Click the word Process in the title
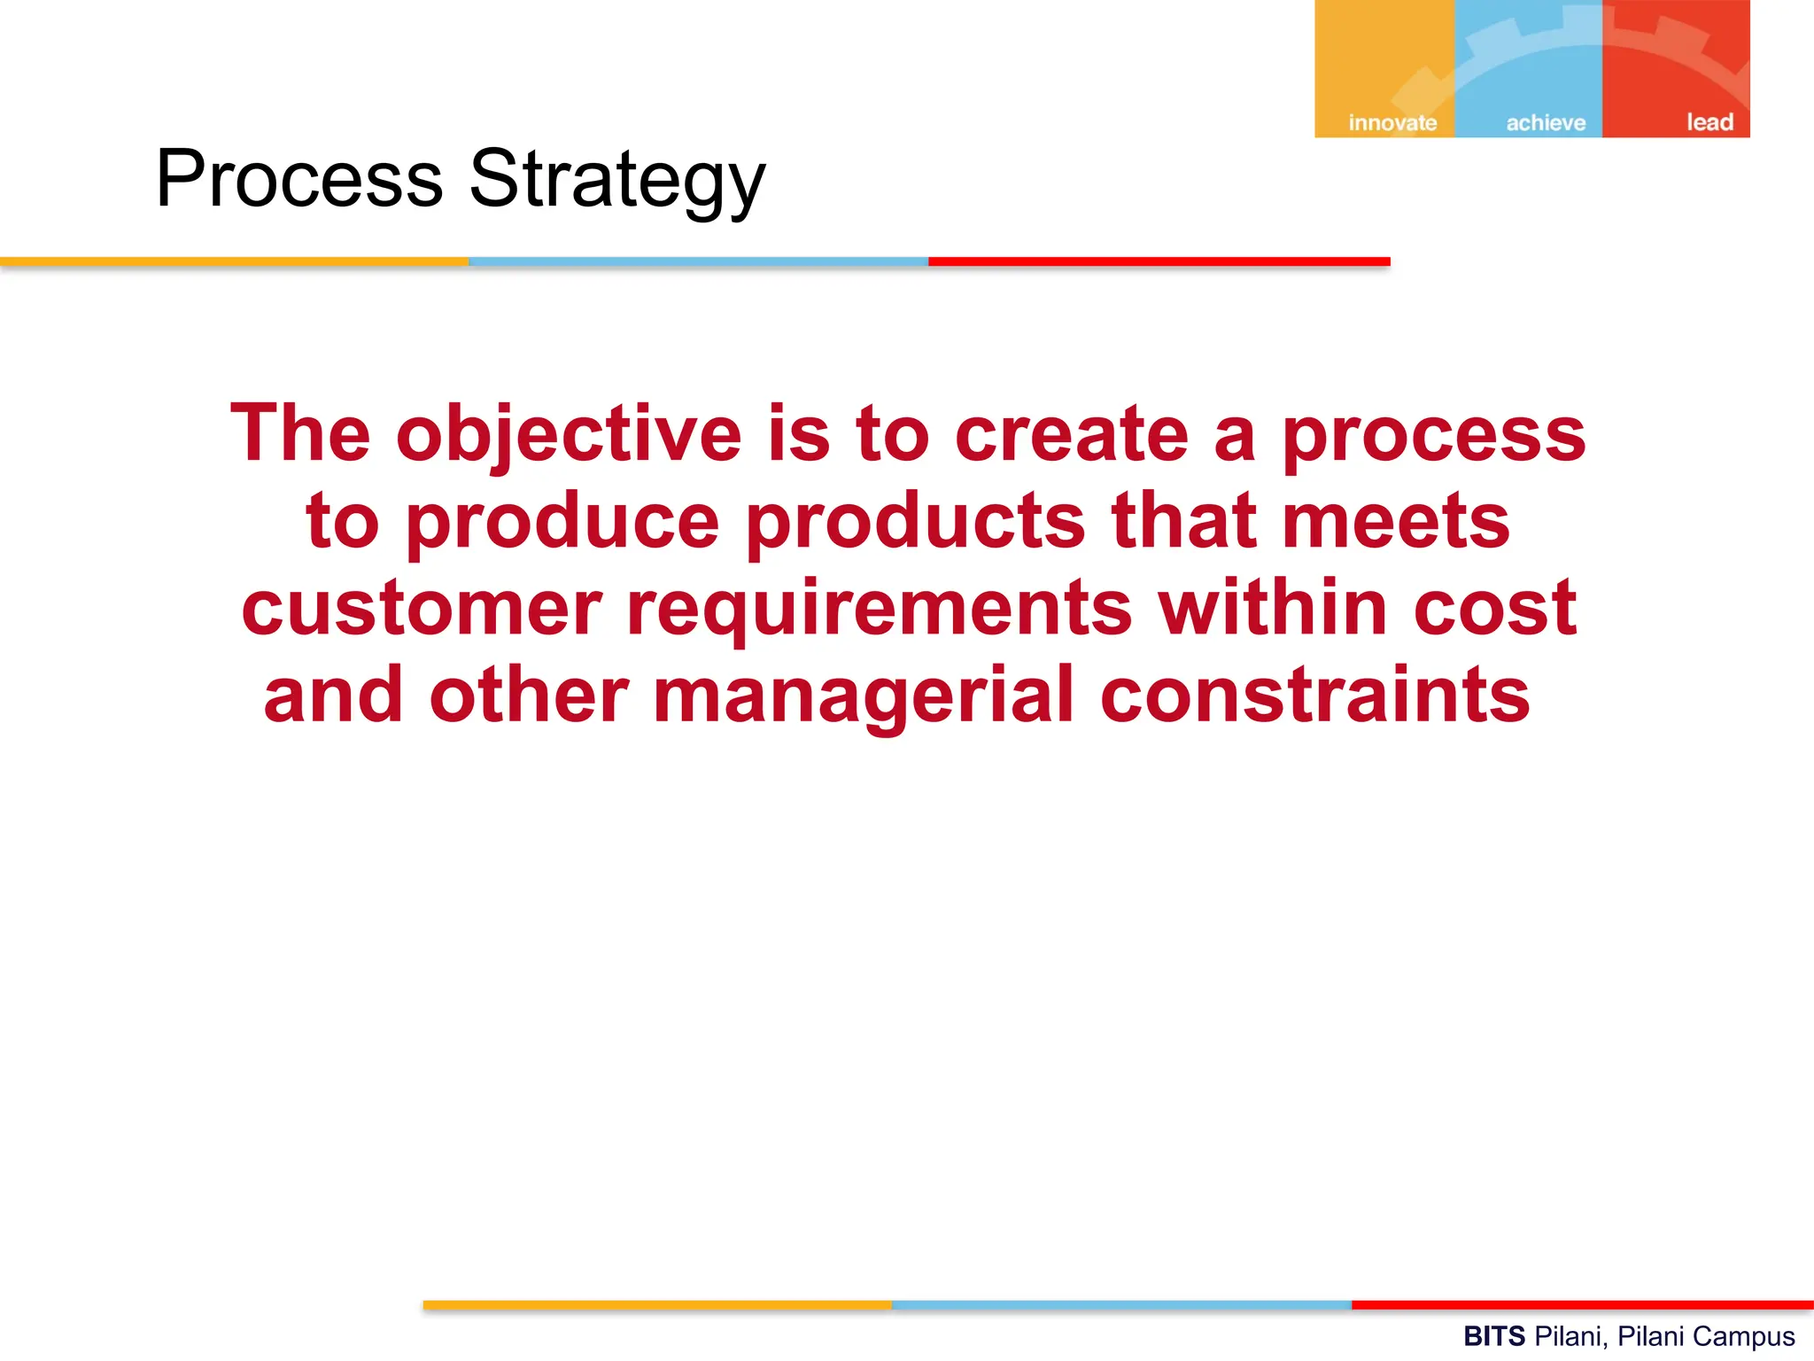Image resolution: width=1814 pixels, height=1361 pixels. (298, 180)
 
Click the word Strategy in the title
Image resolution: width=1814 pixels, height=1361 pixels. (616, 180)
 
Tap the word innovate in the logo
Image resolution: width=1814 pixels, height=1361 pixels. (1392, 123)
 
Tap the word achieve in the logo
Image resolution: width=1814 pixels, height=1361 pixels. (1546, 123)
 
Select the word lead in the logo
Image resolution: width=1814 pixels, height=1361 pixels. (1709, 122)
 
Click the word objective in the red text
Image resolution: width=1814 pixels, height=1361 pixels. (569, 434)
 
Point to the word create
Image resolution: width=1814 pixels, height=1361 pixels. (1071, 434)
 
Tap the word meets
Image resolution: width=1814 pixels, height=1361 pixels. (1396, 521)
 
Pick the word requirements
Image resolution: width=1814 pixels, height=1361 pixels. (879, 610)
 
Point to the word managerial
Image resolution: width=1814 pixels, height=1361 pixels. (864, 696)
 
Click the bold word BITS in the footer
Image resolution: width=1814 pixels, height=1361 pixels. (1493, 1335)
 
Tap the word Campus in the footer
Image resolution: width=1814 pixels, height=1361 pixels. (1749, 1336)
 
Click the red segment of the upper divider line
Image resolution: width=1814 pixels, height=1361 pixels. (1159, 261)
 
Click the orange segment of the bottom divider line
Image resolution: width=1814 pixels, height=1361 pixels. (656, 1305)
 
